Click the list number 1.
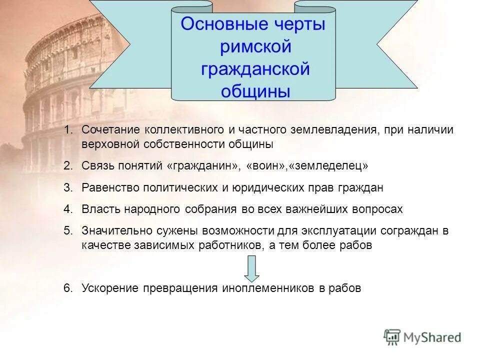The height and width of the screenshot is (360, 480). (68, 130)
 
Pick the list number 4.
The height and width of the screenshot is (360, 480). (68, 209)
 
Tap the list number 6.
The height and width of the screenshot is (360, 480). (68, 288)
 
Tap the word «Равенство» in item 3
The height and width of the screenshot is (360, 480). (111, 187)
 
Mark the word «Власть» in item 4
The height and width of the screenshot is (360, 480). (99, 209)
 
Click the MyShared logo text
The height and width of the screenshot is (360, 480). (432, 337)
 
